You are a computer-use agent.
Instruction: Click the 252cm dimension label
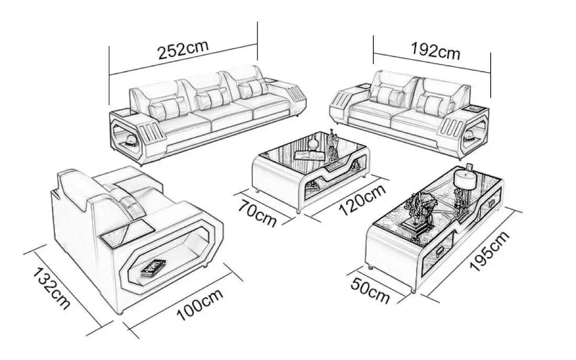coord(183,49)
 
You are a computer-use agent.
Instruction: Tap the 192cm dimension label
coord(435,51)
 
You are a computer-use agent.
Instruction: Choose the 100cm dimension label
coord(200,305)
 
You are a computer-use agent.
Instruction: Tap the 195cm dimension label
coord(490,251)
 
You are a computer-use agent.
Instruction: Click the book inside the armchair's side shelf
coord(153,267)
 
